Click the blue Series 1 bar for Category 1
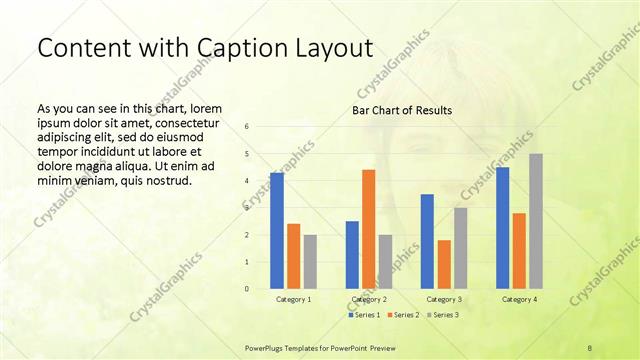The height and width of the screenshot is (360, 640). (277, 230)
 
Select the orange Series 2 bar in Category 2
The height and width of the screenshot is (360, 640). (368, 229)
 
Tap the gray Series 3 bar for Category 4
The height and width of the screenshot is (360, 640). (536, 221)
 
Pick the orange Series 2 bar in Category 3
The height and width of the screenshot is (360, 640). (444, 264)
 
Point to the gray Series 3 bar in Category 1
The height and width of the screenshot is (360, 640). (310, 261)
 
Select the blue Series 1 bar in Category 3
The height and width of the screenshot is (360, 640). (427, 241)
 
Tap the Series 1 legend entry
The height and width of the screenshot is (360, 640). (363, 315)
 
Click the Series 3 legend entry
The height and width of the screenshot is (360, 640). (443, 315)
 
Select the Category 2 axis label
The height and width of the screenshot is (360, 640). (368, 299)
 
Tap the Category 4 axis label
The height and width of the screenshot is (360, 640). (518, 299)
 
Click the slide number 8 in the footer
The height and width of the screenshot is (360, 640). (590, 347)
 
